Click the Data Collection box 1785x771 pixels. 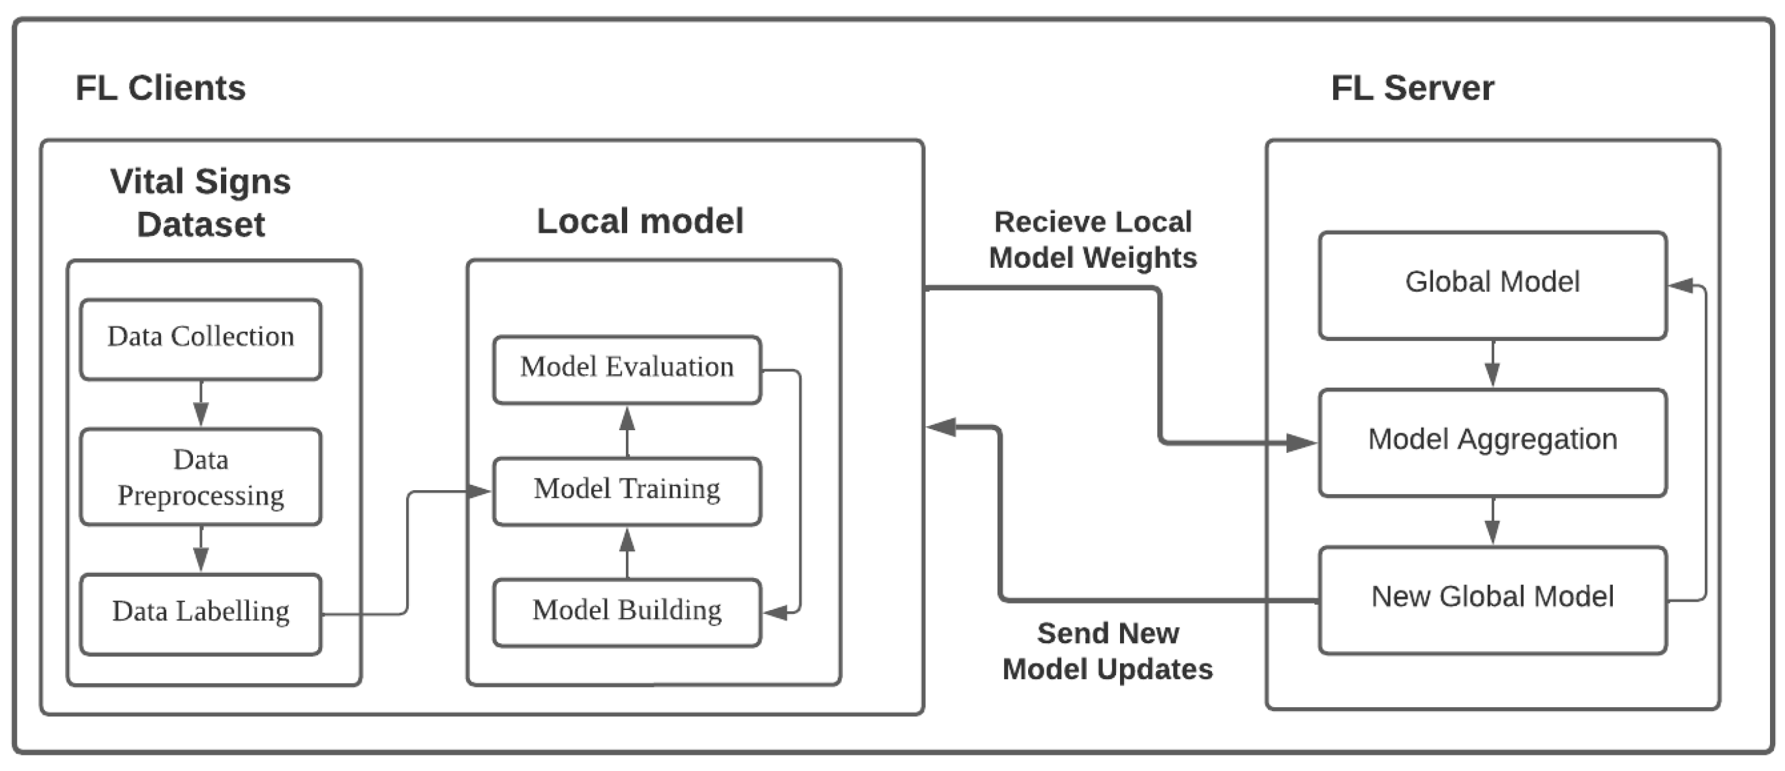tap(200, 339)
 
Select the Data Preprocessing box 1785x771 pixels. tap(200, 476)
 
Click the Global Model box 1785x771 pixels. tap(1492, 285)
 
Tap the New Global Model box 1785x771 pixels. tap(1492, 599)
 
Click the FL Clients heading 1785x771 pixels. tap(160, 88)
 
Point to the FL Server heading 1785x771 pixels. tap(1411, 88)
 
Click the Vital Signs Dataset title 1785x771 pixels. tap(200, 202)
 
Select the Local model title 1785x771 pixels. tap(640, 221)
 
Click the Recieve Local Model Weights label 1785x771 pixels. tap(1093, 240)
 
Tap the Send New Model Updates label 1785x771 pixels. tap(1107, 650)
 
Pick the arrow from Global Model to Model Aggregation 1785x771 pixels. tap(1492, 364)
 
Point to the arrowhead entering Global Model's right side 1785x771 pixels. tap(1681, 285)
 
